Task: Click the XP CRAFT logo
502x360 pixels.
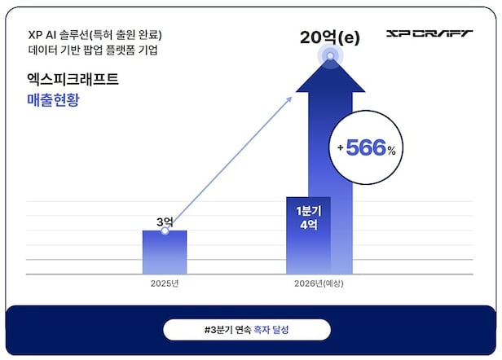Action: point(429,35)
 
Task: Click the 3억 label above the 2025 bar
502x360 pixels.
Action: point(165,222)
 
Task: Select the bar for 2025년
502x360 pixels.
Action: point(165,252)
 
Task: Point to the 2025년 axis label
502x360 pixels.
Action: point(165,284)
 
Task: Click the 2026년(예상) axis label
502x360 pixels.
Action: point(319,284)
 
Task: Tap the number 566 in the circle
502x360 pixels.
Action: point(369,147)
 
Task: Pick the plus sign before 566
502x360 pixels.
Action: point(340,148)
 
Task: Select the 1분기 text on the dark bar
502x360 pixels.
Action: point(307,210)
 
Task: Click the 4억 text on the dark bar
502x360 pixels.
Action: point(307,226)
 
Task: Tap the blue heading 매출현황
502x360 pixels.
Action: point(53,102)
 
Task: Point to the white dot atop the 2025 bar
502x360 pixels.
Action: point(165,231)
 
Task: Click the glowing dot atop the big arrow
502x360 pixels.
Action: point(329,57)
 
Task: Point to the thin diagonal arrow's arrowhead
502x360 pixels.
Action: point(291,99)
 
